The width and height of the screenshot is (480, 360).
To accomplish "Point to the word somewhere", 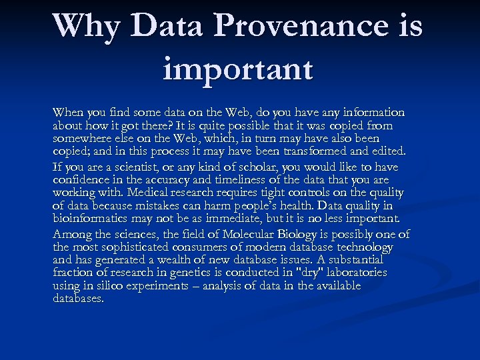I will [81, 139].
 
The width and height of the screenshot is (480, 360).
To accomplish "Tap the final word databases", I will [78, 299].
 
